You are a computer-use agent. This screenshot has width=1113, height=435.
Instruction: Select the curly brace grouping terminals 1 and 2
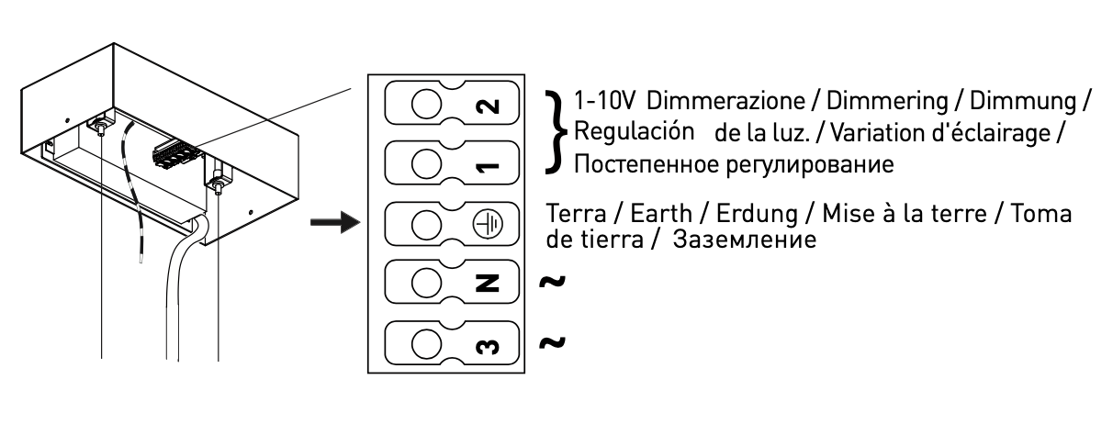pyautogui.click(x=554, y=130)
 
